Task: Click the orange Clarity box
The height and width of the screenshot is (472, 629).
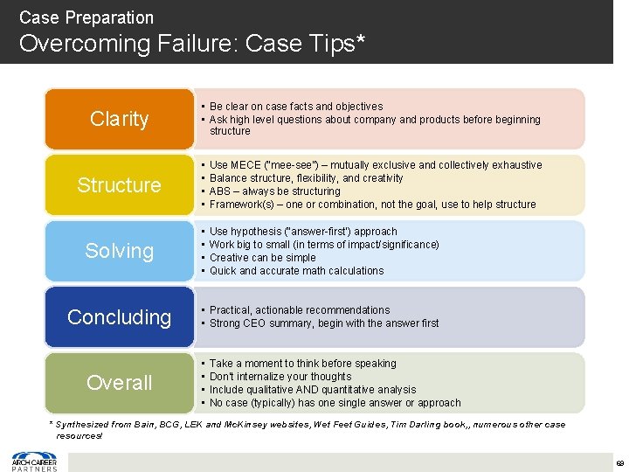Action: pos(120,119)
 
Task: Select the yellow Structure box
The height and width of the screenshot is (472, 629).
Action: pos(120,184)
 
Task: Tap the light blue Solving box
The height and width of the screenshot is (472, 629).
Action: pos(120,251)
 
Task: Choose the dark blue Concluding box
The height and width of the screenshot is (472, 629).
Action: pos(120,316)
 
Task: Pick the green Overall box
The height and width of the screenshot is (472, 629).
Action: pos(120,382)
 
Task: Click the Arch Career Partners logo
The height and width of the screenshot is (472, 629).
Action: pos(34,461)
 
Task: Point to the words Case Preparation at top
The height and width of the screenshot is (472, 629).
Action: pos(86,17)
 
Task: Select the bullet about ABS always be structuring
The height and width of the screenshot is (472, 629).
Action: pos(274,191)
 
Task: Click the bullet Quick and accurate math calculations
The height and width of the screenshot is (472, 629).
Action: pos(296,271)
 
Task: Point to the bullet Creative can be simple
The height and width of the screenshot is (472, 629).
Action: pos(262,258)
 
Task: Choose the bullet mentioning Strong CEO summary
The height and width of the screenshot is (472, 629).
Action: pos(324,323)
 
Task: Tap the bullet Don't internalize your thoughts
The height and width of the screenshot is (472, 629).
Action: pos(280,377)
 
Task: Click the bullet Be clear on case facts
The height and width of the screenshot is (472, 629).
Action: pos(296,107)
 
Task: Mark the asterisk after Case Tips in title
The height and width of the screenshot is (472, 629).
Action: pos(359,40)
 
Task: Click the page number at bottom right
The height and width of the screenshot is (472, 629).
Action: pos(619,462)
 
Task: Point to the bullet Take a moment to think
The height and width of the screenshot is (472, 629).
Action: pos(302,364)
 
